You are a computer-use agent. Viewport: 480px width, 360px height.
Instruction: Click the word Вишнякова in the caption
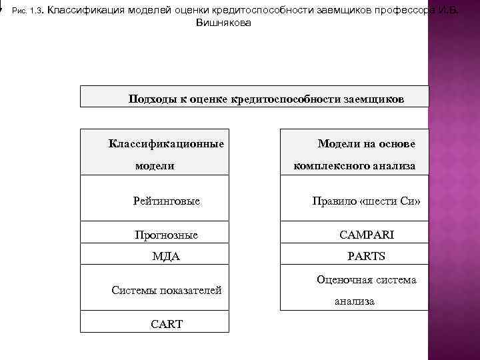coord(224,22)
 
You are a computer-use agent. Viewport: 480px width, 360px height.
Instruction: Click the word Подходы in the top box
coord(151,99)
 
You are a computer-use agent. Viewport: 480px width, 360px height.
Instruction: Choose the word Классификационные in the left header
coord(166,143)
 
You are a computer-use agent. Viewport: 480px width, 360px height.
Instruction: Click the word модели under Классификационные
coord(155,165)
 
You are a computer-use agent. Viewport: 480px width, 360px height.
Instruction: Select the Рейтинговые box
coord(167,201)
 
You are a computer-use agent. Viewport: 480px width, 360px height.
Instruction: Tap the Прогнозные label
coord(166,235)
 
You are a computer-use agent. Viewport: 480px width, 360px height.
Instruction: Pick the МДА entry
coord(166,257)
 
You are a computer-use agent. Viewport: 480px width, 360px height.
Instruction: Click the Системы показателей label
coord(167,290)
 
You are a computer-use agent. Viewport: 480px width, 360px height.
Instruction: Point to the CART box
coord(167,324)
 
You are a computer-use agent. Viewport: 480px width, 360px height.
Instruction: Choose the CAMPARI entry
coord(367,235)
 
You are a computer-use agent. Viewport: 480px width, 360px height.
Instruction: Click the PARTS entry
coord(367,257)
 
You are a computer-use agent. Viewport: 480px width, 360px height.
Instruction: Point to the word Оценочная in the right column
coord(341,280)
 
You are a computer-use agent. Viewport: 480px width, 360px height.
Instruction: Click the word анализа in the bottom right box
coord(354,301)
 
